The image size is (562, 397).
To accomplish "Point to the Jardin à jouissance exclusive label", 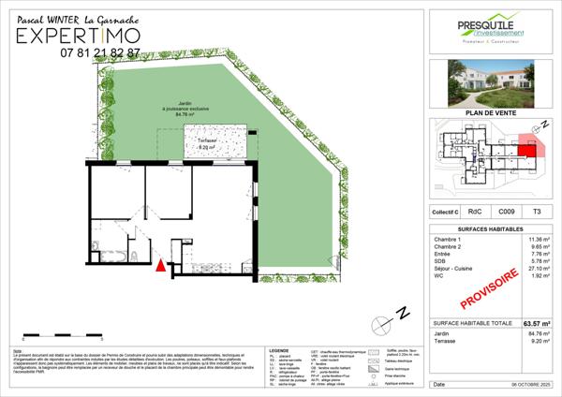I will pos(171,111).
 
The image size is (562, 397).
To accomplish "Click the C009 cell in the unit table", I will pos(505,213).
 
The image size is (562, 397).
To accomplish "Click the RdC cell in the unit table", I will pos(477,213).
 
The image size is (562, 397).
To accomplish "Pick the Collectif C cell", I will pos(447,213).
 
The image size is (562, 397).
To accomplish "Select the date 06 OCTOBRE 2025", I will pos(525,385).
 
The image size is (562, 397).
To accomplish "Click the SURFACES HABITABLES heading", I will pos(493,228).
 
